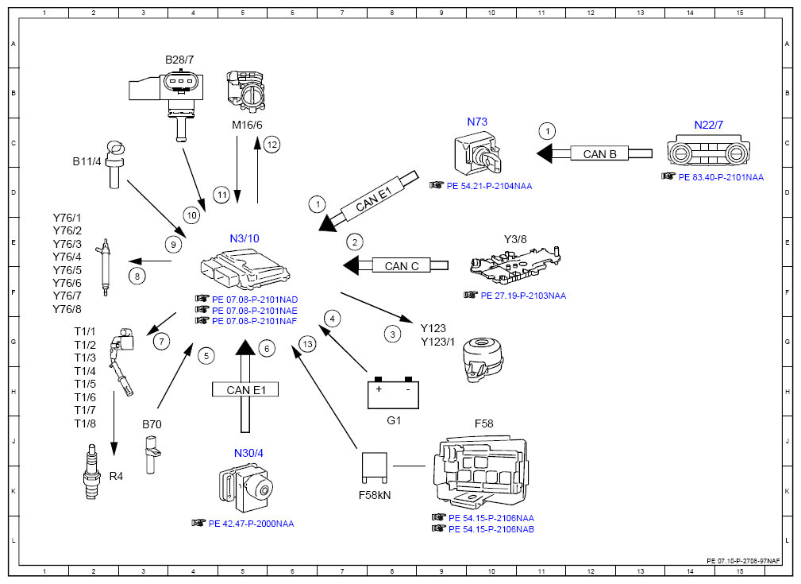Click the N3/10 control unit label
point(245,238)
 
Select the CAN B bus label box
point(599,154)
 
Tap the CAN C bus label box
point(401,266)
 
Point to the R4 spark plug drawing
point(91,471)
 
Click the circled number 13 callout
point(307,344)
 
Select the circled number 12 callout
point(272,145)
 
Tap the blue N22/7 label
point(709,125)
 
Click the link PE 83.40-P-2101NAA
point(721,177)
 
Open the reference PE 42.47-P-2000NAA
point(251,524)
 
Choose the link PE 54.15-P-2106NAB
point(491,529)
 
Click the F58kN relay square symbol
point(375,467)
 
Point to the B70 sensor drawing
point(152,454)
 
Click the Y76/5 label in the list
point(67,270)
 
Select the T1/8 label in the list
point(85,423)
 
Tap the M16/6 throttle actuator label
point(247,125)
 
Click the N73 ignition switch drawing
point(478,153)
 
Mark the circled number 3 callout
point(392,335)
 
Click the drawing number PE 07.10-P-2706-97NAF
point(743,561)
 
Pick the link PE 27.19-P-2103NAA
point(523,296)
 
